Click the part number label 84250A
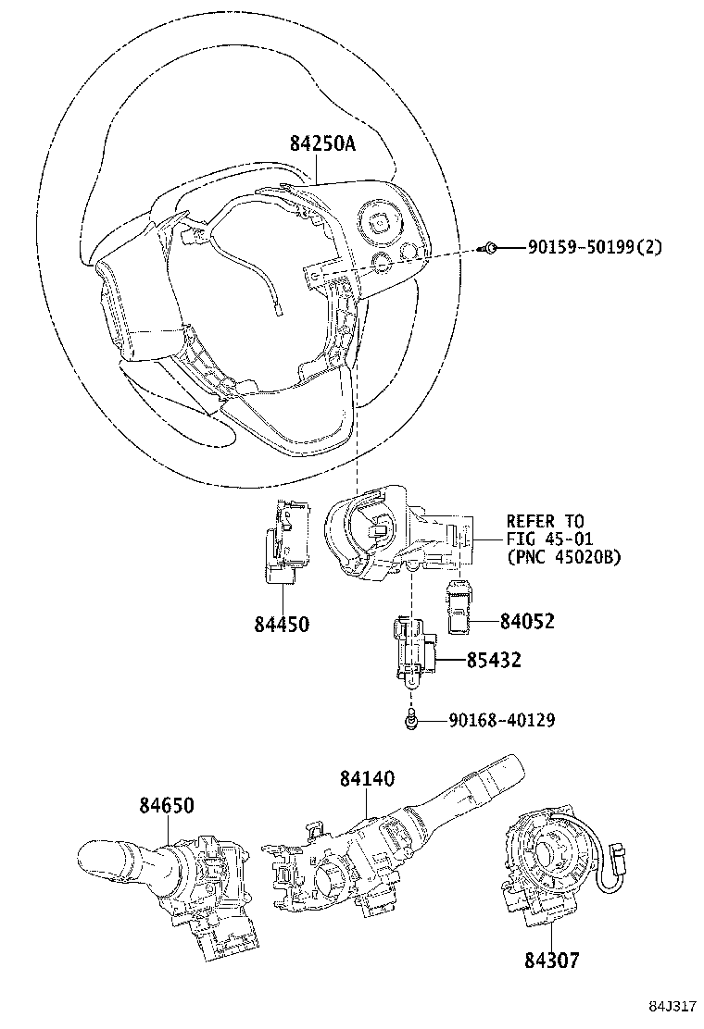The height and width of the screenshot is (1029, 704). click(322, 143)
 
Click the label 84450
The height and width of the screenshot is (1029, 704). click(281, 625)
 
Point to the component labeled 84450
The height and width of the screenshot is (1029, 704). click(283, 542)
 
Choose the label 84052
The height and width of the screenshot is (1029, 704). click(527, 622)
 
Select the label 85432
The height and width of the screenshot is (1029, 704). click(493, 660)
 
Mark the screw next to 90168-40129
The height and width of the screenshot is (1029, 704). click(410, 719)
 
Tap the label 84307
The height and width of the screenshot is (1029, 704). click(550, 961)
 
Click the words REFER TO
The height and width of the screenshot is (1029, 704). click(545, 521)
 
